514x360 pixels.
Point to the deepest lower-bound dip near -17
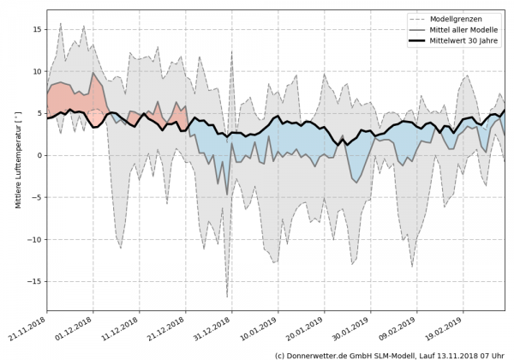tap(227, 297)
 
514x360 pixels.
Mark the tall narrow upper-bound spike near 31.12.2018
tap(232, 52)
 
